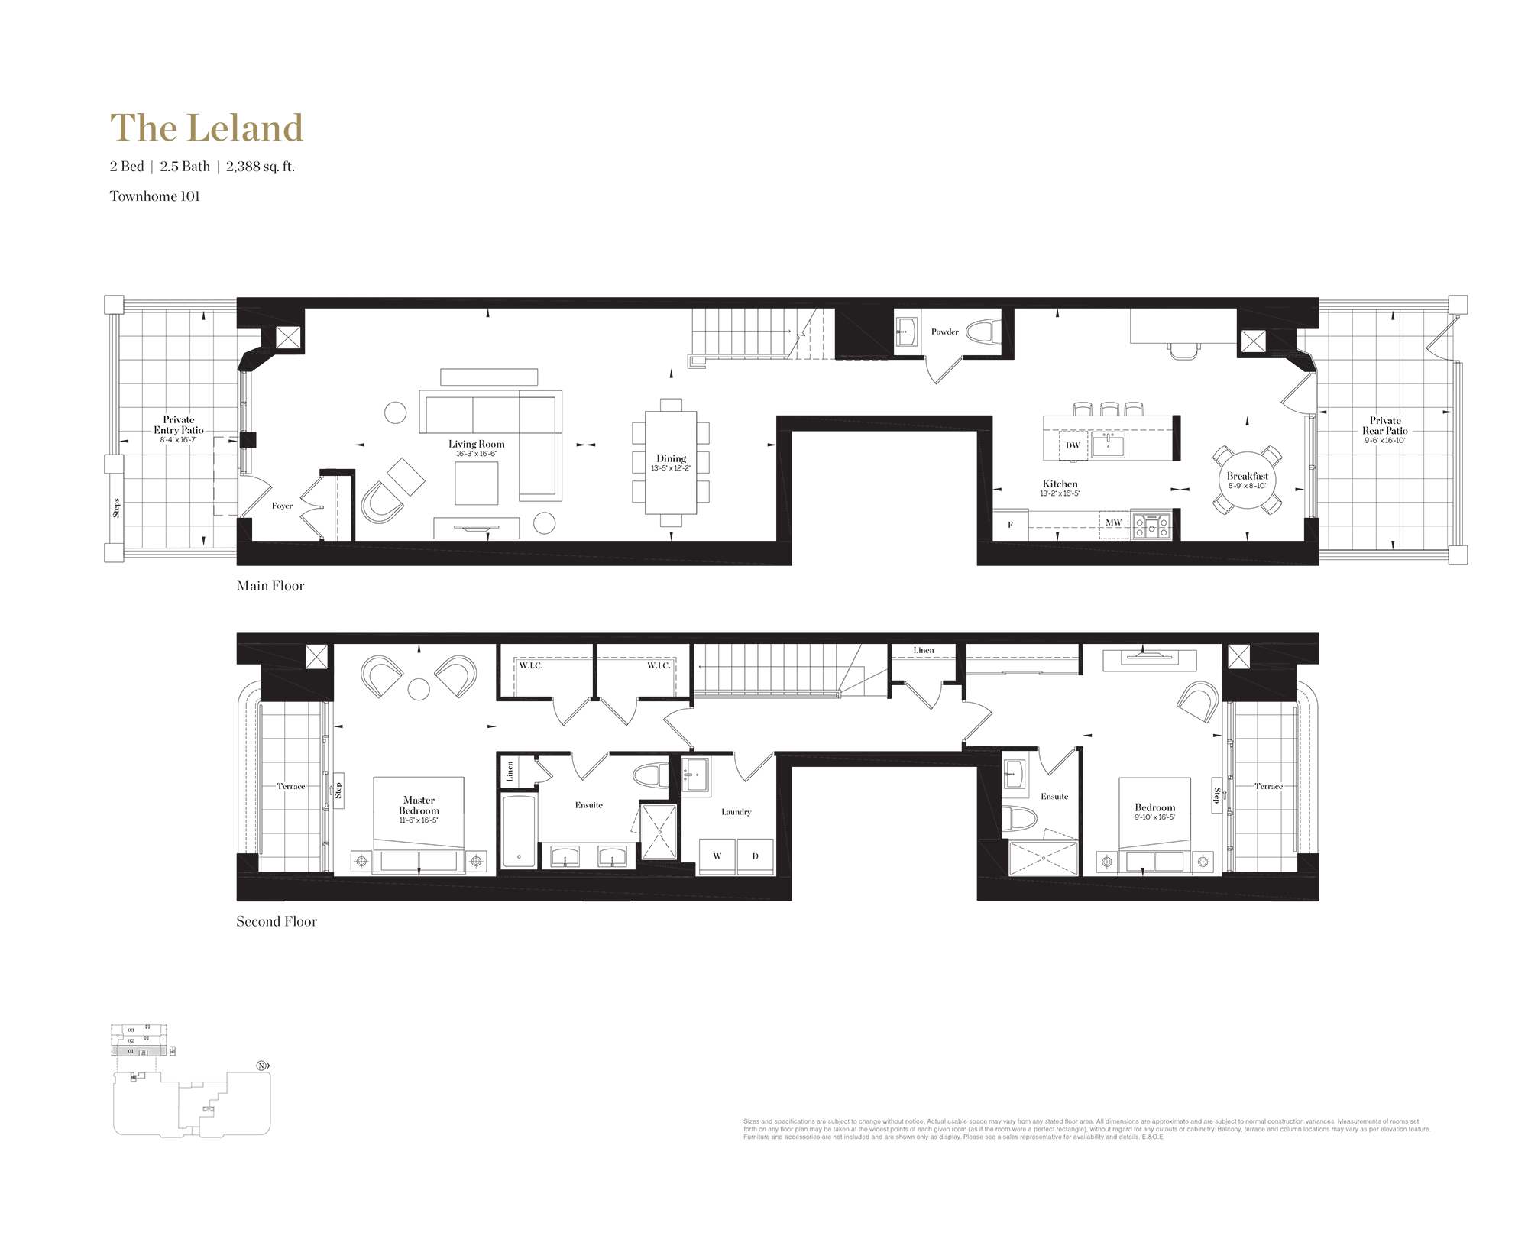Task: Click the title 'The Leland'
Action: (x=206, y=128)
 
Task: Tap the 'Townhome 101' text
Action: (x=154, y=196)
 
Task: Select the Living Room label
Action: (x=476, y=445)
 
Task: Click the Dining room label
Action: (x=671, y=459)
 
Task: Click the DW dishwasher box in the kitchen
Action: (x=1073, y=445)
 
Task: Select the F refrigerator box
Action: (x=1010, y=525)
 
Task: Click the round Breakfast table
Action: (x=1247, y=480)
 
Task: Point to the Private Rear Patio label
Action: (x=1385, y=425)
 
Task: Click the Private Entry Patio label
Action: (x=179, y=425)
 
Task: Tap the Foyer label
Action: (x=282, y=506)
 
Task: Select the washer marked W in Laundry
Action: (x=717, y=856)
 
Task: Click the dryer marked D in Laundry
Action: (x=755, y=856)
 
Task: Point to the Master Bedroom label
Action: (x=419, y=806)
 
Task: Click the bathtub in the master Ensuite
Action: (x=519, y=830)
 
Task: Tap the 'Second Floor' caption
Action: (x=277, y=922)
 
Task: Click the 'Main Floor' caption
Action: (x=270, y=586)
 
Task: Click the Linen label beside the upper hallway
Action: (x=923, y=651)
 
